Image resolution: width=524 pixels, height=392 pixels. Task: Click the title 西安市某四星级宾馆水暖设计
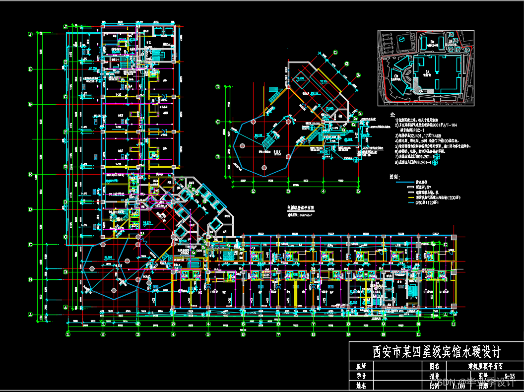tap(437, 352)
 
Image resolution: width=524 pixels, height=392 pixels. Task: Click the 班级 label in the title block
tap(361, 366)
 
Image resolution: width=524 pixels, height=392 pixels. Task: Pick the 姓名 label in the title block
tap(361, 385)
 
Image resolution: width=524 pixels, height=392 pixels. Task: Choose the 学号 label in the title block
tap(361, 376)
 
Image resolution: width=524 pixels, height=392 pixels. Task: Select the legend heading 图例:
tap(394, 176)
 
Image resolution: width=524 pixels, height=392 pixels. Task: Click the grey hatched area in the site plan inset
tap(420, 90)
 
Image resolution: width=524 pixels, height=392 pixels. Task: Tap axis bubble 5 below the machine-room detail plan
tap(358, 191)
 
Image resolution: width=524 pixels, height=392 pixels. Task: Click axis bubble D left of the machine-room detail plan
tap(217, 86)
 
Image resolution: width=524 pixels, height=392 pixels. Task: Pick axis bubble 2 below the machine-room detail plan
tap(253, 191)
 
